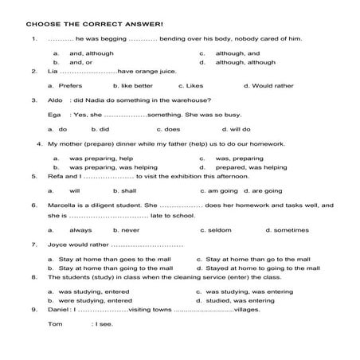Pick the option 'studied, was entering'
pos(248,300)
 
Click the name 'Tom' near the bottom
pos(55,324)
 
